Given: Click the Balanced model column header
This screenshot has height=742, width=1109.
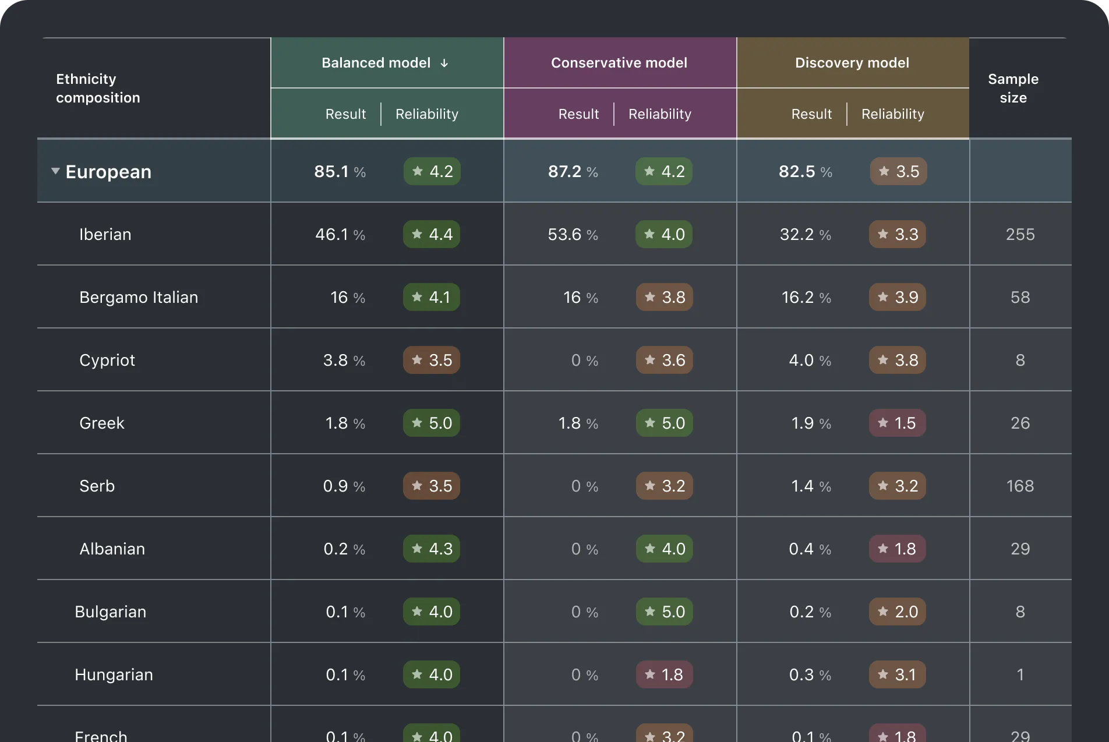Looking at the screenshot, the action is pyautogui.click(x=376, y=63).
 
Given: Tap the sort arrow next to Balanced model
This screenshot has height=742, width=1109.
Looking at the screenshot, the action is pyautogui.click(x=444, y=63).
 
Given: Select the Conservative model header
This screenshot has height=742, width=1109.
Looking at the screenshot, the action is pyautogui.click(x=619, y=63).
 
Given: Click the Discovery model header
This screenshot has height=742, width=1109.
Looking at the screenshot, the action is pyautogui.click(x=852, y=63).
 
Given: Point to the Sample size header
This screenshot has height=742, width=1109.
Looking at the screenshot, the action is pyautogui.click(x=1013, y=88).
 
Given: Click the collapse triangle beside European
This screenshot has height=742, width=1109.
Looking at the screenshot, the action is pyautogui.click(x=55, y=171).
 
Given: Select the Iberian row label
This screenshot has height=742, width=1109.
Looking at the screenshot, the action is pyautogui.click(x=105, y=234).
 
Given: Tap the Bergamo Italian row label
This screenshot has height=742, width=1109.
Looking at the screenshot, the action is pyautogui.click(x=139, y=297).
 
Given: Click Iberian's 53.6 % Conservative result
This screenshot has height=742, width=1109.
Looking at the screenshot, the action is pyautogui.click(x=573, y=234).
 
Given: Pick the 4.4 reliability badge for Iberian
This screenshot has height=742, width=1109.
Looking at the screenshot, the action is pyautogui.click(x=432, y=234).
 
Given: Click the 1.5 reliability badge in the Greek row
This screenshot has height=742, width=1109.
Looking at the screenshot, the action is pyautogui.click(x=897, y=423).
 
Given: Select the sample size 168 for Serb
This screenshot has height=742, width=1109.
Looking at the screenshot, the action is pyautogui.click(x=1020, y=486).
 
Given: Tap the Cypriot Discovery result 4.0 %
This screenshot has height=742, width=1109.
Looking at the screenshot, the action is pyautogui.click(x=810, y=360).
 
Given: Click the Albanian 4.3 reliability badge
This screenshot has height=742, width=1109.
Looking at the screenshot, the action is pyautogui.click(x=432, y=549).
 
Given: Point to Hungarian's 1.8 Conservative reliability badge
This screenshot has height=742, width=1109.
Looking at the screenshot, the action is pyautogui.click(x=664, y=674).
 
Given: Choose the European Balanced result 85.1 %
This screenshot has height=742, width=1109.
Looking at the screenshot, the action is pyautogui.click(x=340, y=171).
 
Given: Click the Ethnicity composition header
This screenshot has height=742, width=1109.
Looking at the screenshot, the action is pyautogui.click(x=98, y=88).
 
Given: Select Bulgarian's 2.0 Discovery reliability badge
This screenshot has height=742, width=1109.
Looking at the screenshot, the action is pyautogui.click(x=897, y=612).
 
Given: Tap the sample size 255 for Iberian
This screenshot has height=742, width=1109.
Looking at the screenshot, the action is pyautogui.click(x=1020, y=234).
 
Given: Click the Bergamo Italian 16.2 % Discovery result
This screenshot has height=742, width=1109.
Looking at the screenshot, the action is pyautogui.click(x=806, y=297).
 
